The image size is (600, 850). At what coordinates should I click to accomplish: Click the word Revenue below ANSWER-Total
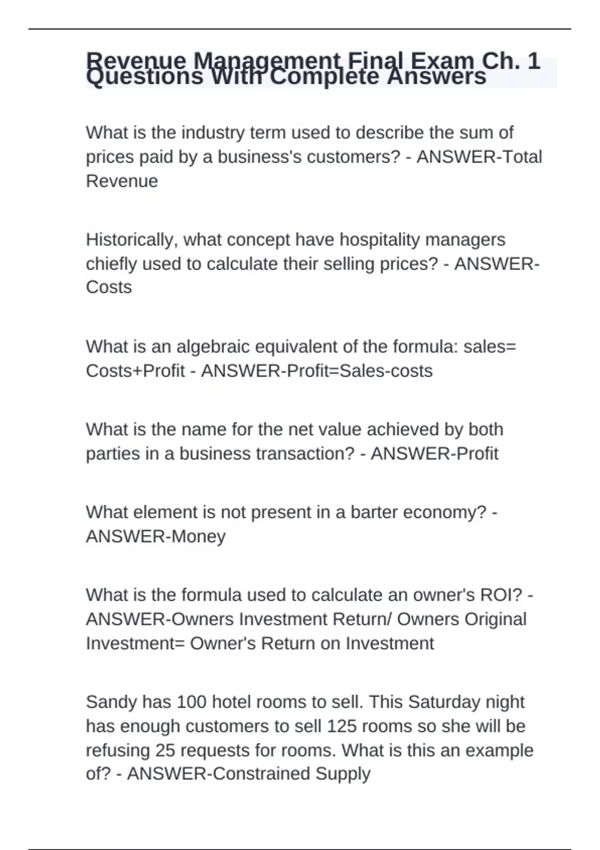121,180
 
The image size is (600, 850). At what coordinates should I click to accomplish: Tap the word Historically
130,239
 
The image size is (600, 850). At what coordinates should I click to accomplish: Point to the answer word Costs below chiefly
108,287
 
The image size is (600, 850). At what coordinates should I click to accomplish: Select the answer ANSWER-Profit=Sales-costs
316,370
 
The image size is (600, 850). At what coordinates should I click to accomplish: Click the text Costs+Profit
135,370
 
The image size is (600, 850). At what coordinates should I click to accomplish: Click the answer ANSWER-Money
155,536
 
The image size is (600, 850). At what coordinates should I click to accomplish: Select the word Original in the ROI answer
495,619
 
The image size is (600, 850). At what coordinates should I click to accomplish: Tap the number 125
341,726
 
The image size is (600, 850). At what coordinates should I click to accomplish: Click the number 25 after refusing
165,750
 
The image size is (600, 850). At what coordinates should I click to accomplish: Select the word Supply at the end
342,773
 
